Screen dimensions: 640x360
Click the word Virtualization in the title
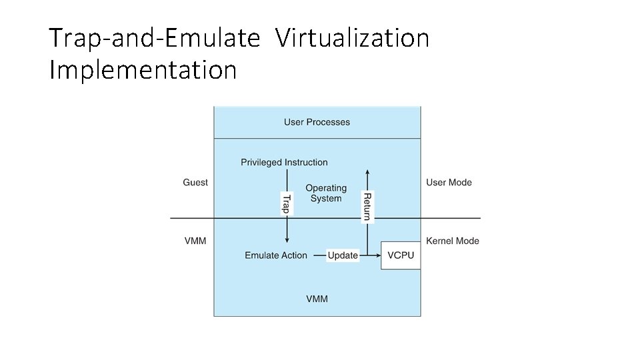(x=352, y=39)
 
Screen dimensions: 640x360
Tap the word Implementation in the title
(x=143, y=69)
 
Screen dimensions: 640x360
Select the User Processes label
(x=317, y=122)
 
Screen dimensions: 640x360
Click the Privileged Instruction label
(x=284, y=162)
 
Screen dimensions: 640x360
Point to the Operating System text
(x=326, y=193)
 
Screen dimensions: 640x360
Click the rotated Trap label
(x=287, y=204)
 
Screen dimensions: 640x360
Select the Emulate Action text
(x=276, y=255)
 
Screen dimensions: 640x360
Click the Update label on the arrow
(x=343, y=255)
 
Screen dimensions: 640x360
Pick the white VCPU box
(x=401, y=255)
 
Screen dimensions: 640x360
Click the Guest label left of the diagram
(x=195, y=183)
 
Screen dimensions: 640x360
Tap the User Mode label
(x=449, y=183)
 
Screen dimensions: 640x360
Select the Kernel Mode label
(x=452, y=241)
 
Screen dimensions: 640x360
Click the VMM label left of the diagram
(x=195, y=241)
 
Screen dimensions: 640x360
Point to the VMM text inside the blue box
(x=317, y=299)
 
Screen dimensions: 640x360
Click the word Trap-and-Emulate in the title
(x=155, y=39)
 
